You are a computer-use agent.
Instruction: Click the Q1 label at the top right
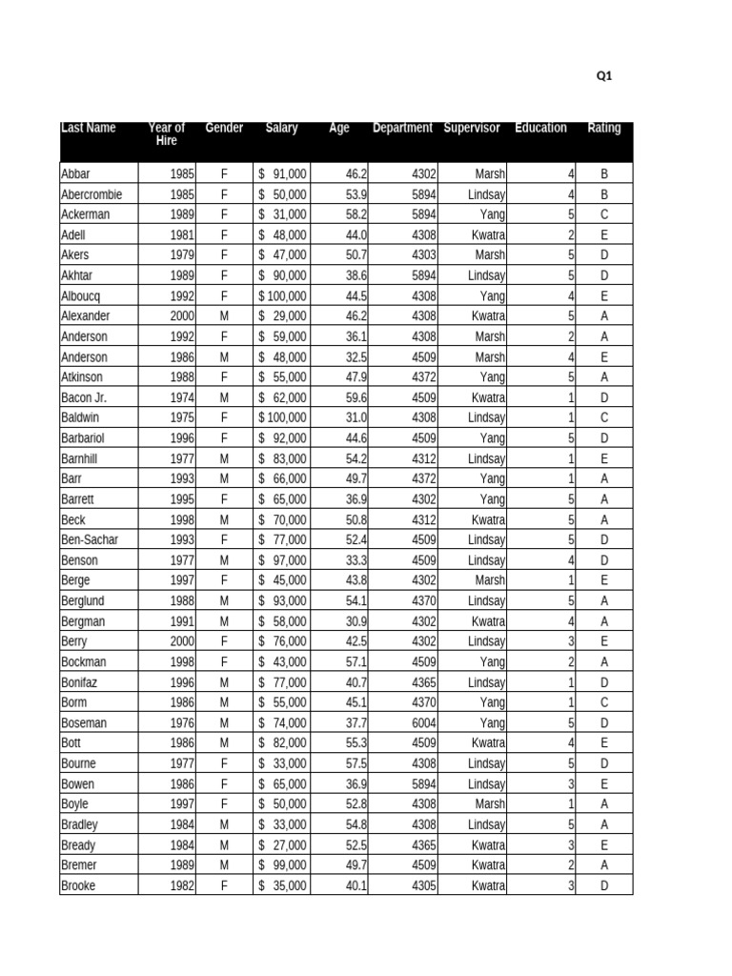point(603,76)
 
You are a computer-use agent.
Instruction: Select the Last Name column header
point(89,128)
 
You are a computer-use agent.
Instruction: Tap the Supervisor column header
point(472,128)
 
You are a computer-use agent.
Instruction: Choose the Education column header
point(540,128)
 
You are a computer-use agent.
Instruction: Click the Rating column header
point(604,128)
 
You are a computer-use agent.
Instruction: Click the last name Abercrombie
point(91,194)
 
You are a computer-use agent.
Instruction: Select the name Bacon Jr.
point(84,397)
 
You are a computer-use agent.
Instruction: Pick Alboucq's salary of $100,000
point(282,295)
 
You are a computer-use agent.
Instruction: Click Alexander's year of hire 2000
point(182,315)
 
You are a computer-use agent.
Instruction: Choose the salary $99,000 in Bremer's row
point(282,864)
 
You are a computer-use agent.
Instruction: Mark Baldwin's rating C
point(604,417)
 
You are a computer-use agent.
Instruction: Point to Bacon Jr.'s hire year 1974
point(182,397)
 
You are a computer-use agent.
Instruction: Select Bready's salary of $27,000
point(282,844)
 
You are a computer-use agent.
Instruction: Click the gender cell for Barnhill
point(225,458)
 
